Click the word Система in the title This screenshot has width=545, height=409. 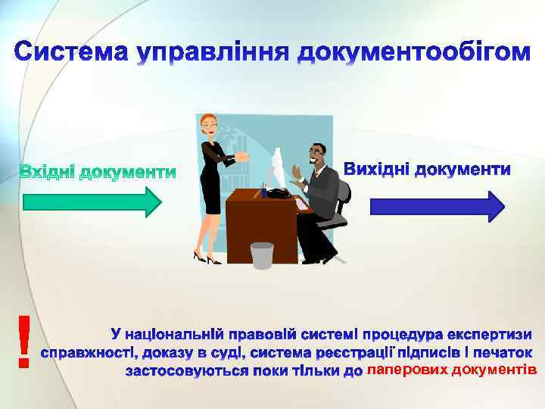[x=71, y=53]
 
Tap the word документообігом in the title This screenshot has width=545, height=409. [x=413, y=55]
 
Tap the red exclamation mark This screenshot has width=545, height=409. [x=24, y=341]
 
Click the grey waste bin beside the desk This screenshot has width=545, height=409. [x=262, y=255]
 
